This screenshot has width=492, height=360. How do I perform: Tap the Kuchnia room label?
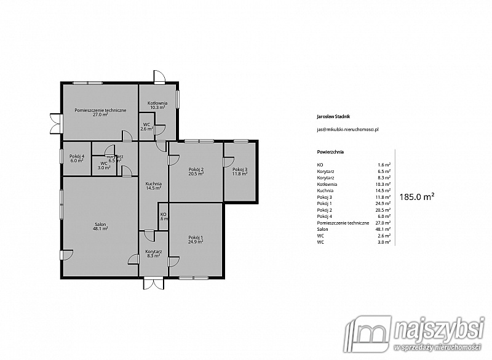(153, 186)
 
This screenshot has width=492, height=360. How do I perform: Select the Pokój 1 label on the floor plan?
(196, 239)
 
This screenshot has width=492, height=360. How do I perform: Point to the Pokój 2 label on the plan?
(196, 172)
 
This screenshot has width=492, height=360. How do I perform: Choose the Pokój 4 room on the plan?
(76, 158)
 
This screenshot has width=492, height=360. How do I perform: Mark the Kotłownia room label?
(157, 105)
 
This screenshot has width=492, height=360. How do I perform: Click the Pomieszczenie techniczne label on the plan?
(100, 112)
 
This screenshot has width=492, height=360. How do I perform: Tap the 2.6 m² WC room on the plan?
(146, 127)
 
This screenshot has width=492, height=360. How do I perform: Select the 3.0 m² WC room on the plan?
(104, 165)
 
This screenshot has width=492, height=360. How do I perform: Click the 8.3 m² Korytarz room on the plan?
(153, 254)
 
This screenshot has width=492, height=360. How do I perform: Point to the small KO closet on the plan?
(164, 217)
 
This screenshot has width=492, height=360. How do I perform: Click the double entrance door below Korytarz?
(154, 282)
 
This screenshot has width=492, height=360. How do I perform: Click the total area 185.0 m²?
(417, 197)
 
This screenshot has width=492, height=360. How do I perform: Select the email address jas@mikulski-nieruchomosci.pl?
(347, 130)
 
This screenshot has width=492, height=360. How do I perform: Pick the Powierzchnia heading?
(330, 151)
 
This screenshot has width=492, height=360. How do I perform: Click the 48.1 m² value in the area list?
(384, 229)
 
